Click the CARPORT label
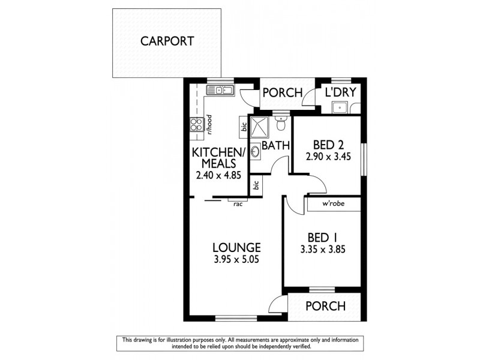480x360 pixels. [167, 41]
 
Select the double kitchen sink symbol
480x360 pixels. [220, 91]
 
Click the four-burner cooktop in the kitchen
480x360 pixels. [196, 124]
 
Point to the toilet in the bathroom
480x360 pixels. [281, 123]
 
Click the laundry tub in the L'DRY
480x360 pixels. [341, 107]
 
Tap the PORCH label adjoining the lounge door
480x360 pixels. [325, 306]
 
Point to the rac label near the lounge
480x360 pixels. [238, 204]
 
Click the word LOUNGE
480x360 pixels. [236, 247]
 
